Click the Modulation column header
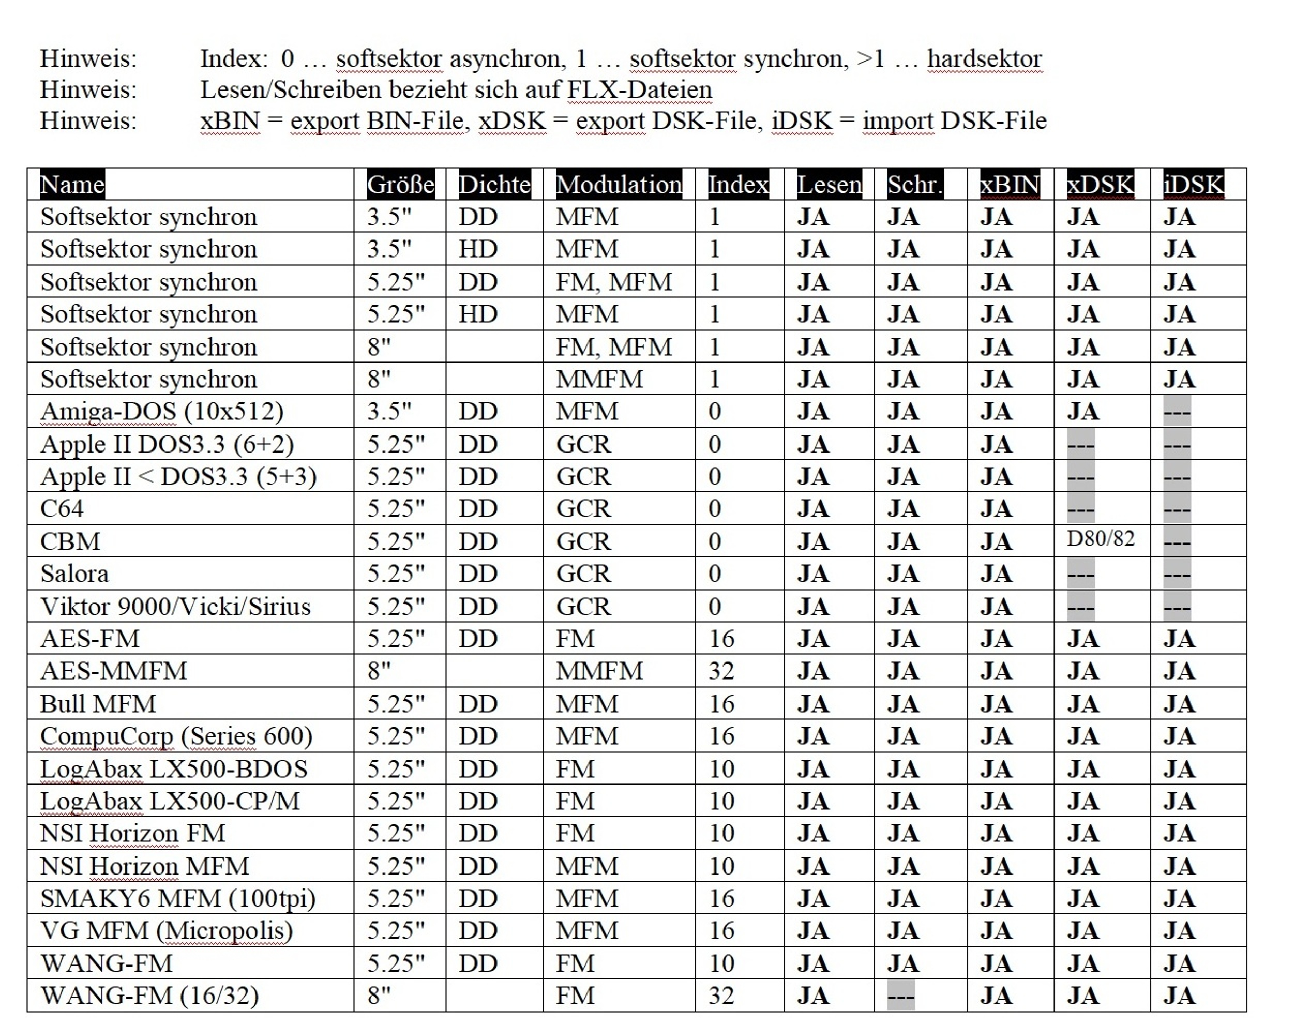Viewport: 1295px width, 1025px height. point(618,184)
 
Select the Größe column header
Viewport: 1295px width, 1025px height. point(400,184)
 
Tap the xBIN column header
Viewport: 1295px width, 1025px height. point(1010,184)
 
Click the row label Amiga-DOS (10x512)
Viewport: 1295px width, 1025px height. point(161,412)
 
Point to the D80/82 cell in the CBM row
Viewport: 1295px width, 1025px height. point(1101,539)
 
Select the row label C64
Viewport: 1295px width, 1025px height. point(62,509)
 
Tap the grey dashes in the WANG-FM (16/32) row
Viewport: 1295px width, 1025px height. point(901,996)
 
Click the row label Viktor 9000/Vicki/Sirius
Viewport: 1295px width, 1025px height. point(175,607)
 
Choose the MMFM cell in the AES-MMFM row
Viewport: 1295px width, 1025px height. point(599,671)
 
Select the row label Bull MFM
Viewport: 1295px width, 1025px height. point(98,704)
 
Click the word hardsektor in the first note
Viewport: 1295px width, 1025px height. point(984,59)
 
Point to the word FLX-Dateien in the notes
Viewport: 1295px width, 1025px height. point(639,90)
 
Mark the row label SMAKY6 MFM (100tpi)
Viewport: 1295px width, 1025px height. point(177,899)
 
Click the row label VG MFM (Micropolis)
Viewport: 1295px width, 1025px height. point(166,931)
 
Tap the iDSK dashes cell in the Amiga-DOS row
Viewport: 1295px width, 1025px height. point(1177,412)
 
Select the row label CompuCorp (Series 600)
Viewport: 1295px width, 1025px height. point(176,736)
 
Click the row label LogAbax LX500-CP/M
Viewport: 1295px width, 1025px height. point(170,802)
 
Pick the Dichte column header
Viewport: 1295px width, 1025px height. point(494,184)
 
